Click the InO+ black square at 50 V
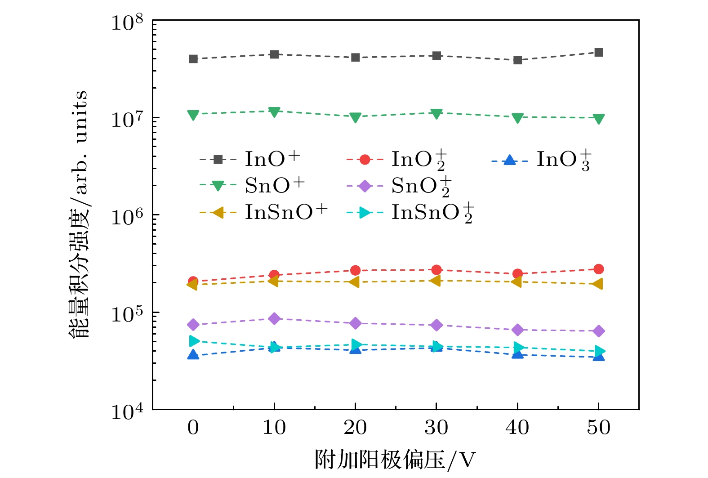pyautogui.click(x=598, y=53)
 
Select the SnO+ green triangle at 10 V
pyautogui.click(x=274, y=112)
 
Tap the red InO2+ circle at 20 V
pyautogui.click(x=355, y=270)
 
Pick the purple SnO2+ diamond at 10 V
pyautogui.click(x=274, y=319)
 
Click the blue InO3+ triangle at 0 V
pyautogui.click(x=193, y=355)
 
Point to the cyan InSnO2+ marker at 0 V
pyautogui.click(x=194, y=341)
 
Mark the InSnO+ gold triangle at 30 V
pyautogui.click(x=435, y=281)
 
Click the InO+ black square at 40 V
pyautogui.click(x=517, y=60)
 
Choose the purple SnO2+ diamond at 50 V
pyautogui.click(x=598, y=331)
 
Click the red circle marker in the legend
pyautogui.click(x=365, y=160)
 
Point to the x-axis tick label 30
pyautogui.click(x=436, y=427)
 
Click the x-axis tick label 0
pyautogui.click(x=193, y=427)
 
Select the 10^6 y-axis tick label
pyautogui.click(x=127, y=216)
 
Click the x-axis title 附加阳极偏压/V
pyautogui.click(x=395, y=460)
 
